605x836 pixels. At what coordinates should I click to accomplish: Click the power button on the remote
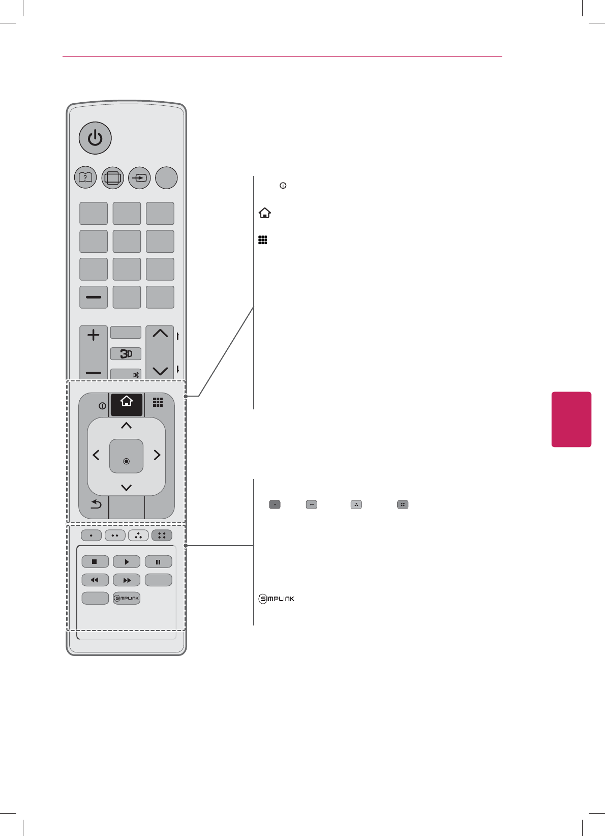95,138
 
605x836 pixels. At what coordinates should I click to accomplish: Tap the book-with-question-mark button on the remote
85,178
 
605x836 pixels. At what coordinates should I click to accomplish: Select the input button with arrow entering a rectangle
139,178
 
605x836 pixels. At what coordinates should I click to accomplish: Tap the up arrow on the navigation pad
127,426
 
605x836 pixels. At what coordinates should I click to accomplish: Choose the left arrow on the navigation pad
96,455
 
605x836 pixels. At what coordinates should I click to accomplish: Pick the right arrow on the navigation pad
157,455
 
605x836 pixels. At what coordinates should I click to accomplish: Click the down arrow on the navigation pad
127,488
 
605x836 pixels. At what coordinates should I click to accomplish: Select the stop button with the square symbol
95,562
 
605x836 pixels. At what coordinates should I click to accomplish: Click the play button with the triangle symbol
127,562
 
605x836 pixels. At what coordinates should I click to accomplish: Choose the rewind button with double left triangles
95,580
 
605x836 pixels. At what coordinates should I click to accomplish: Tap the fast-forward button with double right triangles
127,580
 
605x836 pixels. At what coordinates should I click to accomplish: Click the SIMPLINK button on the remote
126,598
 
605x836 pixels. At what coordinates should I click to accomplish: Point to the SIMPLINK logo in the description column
277,599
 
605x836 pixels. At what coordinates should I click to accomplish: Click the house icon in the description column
264,213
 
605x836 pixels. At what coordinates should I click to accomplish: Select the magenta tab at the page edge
571,419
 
